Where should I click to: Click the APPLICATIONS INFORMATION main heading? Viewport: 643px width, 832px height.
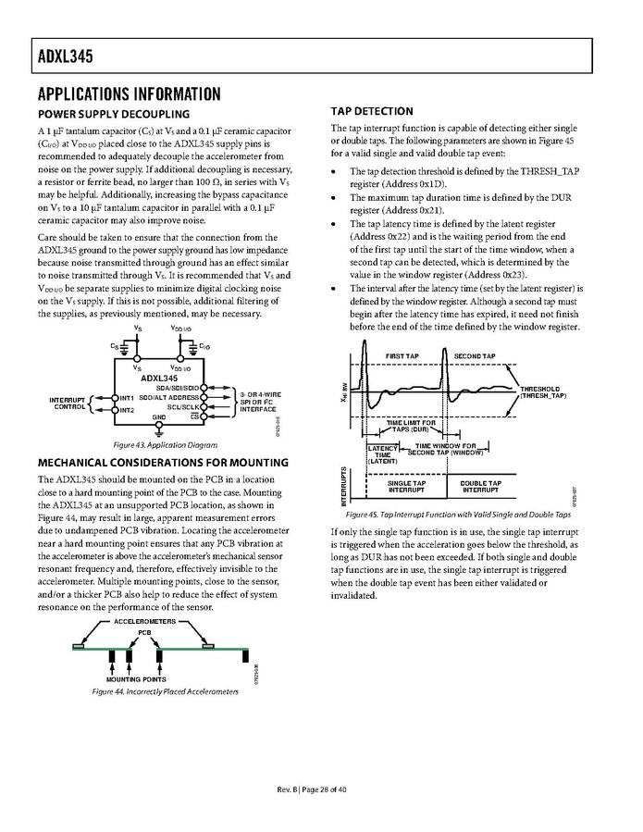(129, 94)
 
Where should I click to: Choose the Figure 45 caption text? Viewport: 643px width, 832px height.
(457, 515)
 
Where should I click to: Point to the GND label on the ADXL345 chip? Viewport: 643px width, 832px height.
(159, 416)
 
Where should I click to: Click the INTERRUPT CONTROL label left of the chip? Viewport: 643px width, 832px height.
(69, 403)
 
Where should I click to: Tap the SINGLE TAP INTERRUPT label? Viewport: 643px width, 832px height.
(406, 486)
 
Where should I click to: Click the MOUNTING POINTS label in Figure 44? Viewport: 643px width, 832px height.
(129, 678)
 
